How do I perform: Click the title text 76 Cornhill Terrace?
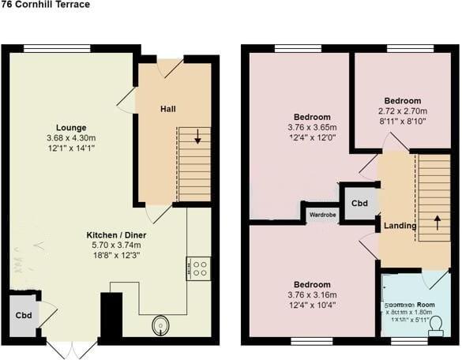(45, 5)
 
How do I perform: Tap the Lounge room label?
(71, 128)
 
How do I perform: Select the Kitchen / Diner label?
(116, 235)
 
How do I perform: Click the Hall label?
(167, 108)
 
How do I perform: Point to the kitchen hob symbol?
(197, 268)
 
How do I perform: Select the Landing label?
(400, 227)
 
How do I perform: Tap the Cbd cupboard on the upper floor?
(359, 203)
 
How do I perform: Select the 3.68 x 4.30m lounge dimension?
(71, 138)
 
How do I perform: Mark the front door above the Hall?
(171, 67)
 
